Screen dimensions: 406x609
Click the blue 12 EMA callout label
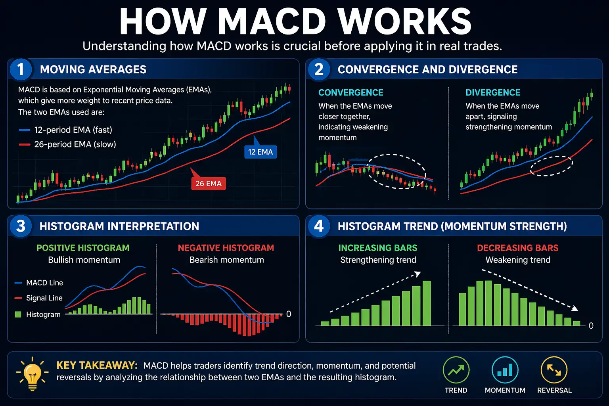(x=260, y=152)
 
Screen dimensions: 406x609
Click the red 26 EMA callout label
(x=209, y=184)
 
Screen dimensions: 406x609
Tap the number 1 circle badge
(x=21, y=69)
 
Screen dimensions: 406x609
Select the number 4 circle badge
(x=319, y=226)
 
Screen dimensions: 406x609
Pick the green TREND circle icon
(x=456, y=370)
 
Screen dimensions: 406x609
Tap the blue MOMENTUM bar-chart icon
(x=505, y=370)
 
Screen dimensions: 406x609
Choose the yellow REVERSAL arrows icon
(x=554, y=370)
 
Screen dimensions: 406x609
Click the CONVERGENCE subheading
(x=351, y=93)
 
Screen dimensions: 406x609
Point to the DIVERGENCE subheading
(x=493, y=93)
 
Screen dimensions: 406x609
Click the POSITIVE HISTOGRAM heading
(x=83, y=248)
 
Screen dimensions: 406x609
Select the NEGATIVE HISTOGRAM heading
(x=226, y=248)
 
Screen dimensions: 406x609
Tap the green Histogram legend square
(x=18, y=314)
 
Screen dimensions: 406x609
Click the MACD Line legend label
(x=44, y=283)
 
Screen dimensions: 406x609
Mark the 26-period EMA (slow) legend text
(x=75, y=144)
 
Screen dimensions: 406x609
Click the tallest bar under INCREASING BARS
(x=427, y=303)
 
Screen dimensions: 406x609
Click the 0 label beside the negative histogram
(x=289, y=314)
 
